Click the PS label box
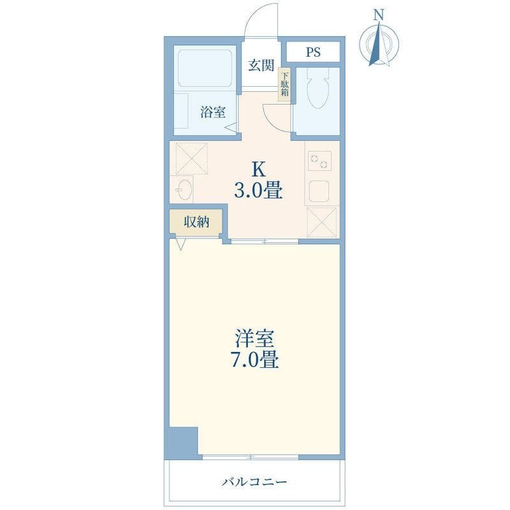click(x=313, y=52)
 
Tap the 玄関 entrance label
click(x=261, y=66)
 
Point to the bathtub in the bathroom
click(x=205, y=68)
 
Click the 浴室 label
click(x=213, y=112)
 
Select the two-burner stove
click(x=319, y=161)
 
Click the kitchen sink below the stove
click(x=319, y=192)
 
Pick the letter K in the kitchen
click(x=259, y=170)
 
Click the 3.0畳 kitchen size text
click(x=258, y=191)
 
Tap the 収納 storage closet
click(x=196, y=221)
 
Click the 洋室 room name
click(x=255, y=339)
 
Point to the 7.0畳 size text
click(x=254, y=360)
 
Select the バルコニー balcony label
click(x=254, y=482)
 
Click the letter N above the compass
click(x=379, y=15)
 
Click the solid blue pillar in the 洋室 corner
click(x=184, y=441)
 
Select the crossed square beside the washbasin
click(x=192, y=158)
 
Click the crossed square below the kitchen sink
click(x=322, y=222)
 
